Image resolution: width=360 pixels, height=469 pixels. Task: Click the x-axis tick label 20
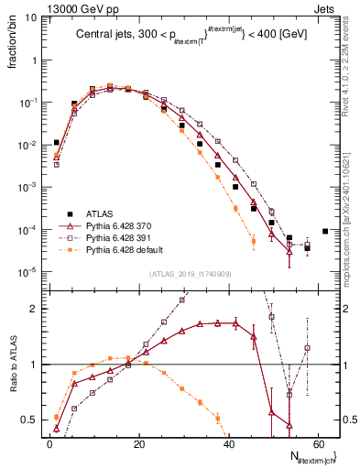(x=140, y=442)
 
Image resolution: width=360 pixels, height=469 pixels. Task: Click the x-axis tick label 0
(x=49, y=442)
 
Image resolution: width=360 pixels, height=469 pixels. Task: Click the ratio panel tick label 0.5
(x=30, y=420)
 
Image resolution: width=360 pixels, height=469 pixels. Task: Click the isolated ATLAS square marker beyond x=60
(x=325, y=231)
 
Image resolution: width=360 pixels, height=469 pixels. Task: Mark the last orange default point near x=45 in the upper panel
(x=253, y=241)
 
